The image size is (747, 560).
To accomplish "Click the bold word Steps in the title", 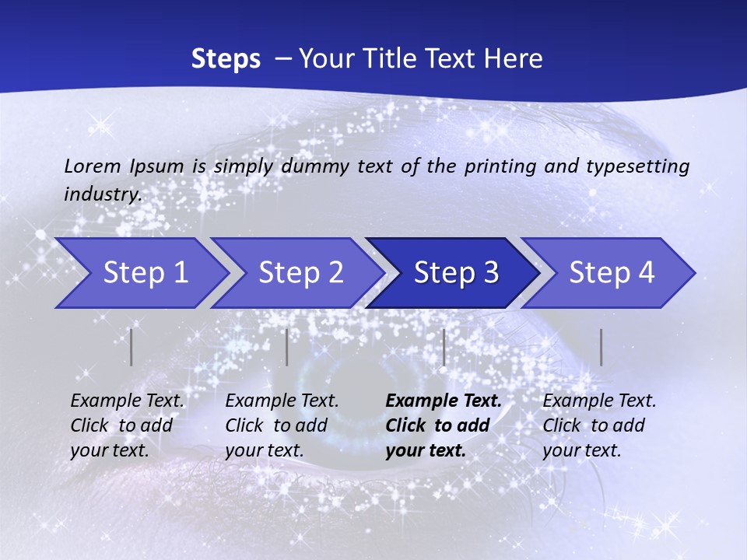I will [x=226, y=59].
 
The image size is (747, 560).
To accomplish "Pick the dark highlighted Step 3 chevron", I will [x=456, y=273].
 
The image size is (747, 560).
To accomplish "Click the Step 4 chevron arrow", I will [x=612, y=273].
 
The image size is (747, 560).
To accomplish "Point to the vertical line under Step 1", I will [x=132, y=347].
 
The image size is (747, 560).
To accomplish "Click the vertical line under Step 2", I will [x=287, y=347].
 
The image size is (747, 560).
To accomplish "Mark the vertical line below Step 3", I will [x=444, y=347].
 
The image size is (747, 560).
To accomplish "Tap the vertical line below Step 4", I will [x=601, y=347].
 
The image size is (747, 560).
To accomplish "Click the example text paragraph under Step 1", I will [x=127, y=425].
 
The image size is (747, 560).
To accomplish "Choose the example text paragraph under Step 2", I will [x=282, y=425].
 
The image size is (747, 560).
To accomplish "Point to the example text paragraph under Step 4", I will [x=599, y=425].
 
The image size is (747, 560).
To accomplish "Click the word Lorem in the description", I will [x=92, y=166].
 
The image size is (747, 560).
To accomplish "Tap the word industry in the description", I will [x=103, y=194].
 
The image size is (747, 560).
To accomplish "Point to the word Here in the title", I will [x=517, y=59].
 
